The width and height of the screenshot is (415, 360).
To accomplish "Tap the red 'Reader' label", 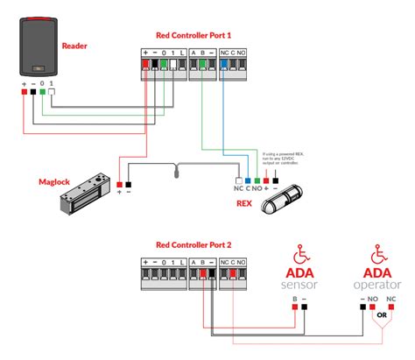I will tap(75, 45).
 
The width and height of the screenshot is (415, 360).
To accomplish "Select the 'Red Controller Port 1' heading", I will tap(193, 36).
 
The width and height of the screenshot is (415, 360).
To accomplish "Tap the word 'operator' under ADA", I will tap(378, 286).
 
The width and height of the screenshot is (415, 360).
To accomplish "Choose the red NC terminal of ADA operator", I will tap(391, 307).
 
